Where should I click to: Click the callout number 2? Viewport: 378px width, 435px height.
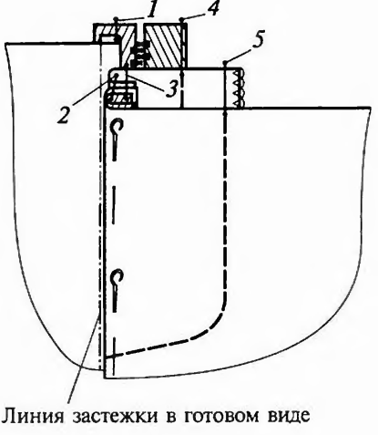[64, 115]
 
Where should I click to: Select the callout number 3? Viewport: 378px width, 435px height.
[171, 88]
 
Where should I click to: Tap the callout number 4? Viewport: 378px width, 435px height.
[213, 8]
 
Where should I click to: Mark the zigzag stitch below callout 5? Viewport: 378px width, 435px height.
[239, 88]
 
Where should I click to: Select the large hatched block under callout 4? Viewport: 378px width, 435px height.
[163, 46]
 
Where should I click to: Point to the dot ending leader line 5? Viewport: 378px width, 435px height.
[225, 63]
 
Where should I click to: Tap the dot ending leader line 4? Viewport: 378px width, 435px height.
[181, 20]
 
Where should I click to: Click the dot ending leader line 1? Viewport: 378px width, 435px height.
[116, 19]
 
